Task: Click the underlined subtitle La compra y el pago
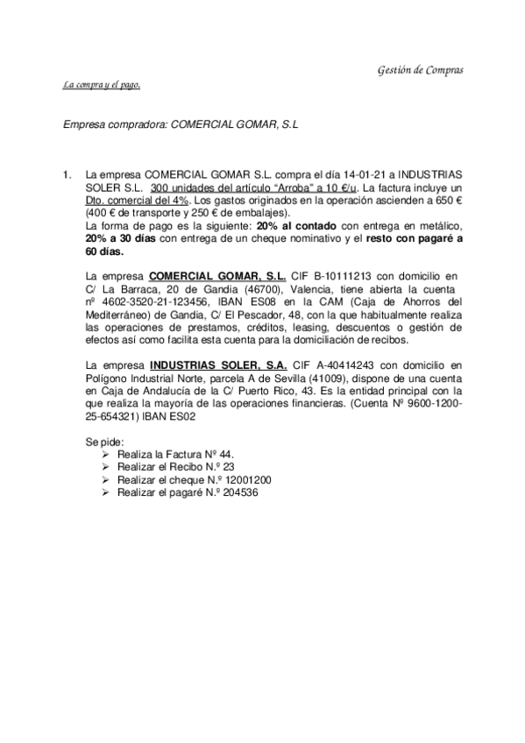click(102, 85)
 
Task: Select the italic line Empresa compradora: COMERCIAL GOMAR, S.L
click(181, 125)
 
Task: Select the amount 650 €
click(448, 200)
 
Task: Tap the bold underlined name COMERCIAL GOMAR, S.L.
click(216, 276)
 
